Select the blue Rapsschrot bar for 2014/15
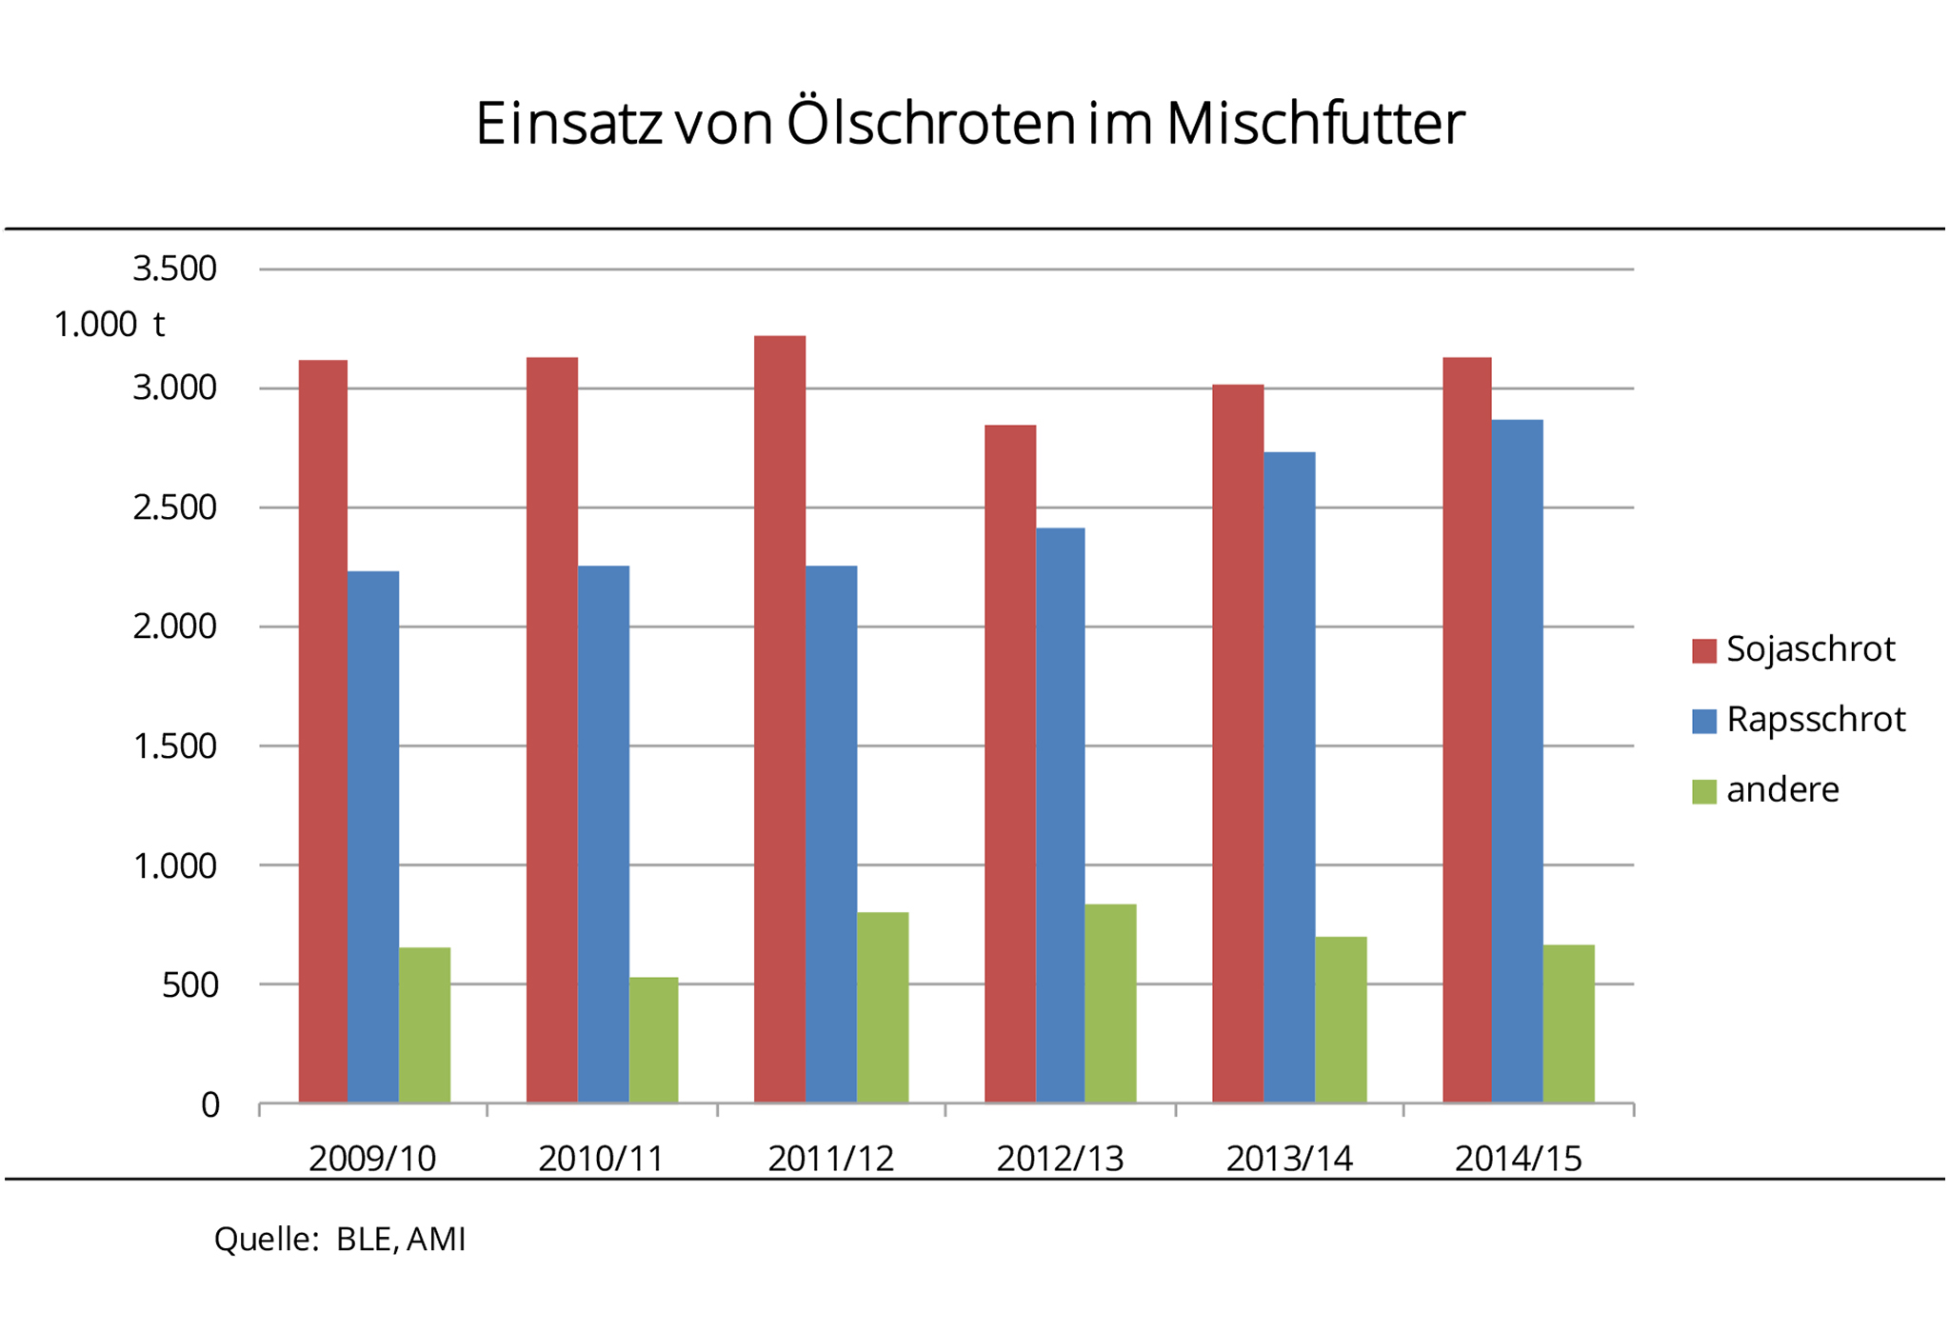[x=1517, y=761]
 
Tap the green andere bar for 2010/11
[x=653, y=1040]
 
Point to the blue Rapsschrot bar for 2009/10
[x=373, y=837]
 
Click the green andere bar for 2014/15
[x=1568, y=1024]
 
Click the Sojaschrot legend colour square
[x=1703, y=650]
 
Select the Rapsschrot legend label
[x=1815, y=720]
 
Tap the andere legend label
[x=1782, y=790]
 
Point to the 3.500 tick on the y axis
[x=175, y=268]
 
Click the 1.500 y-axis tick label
[x=175, y=746]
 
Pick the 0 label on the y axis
[x=210, y=1104]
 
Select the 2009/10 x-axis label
[x=372, y=1159]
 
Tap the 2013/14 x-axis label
[x=1289, y=1159]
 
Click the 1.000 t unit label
[x=109, y=325]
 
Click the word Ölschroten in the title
[x=930, y=124]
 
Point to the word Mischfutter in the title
[x=1314, y=124]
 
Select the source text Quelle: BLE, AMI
[x=340, y=1240]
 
